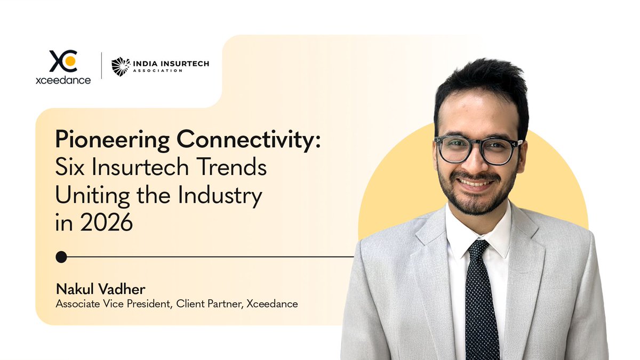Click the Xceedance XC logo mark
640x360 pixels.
(x=63, y=61)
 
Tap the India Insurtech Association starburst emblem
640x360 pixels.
(x=121, y=67)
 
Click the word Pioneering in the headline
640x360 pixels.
(x=112, y=141)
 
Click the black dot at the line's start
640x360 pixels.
(x=61, y=257)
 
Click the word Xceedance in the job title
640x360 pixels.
(x=272, y=304)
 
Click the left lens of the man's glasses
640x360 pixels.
(x=454, y=149)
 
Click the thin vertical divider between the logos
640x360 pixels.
(x=101, y=66)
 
